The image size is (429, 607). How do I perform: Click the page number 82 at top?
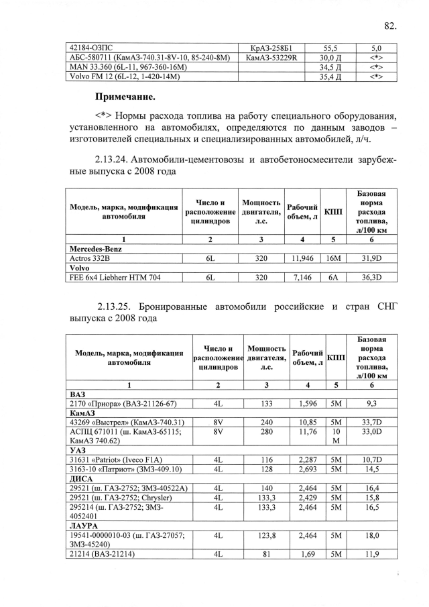click(x=390, y=26)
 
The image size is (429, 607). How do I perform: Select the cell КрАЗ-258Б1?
click(x=271, y=48)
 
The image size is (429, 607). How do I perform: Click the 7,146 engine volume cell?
click(x=303, y=276)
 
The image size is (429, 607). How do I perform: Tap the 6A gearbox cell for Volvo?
click(x=332, y=276)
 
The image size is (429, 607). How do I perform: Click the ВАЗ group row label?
click(x=78, y=394)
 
